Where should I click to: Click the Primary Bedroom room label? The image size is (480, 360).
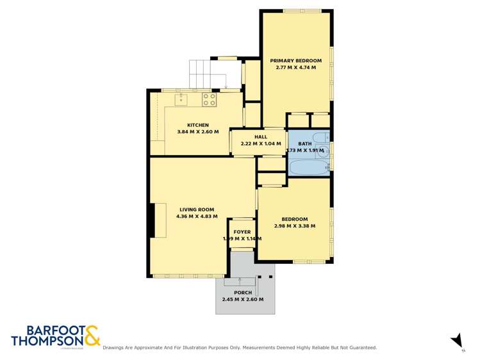tap(295, 60)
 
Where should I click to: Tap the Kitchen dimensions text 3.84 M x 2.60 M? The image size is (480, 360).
tap(198, 132)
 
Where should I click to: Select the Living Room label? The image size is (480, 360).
tap(196, 209)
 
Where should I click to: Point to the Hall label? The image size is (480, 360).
tap(260, 137)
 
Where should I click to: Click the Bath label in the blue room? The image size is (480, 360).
tap(304, 144)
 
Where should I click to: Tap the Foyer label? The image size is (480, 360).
tap(242, 232)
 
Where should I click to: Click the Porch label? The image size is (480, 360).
tap(242, 293)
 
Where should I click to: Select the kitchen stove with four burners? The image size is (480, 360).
tap(209, 99)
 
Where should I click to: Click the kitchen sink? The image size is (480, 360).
tap(181, 99)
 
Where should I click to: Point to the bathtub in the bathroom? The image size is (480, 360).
tap(308, 168)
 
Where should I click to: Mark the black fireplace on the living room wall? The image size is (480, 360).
tap(151, 221)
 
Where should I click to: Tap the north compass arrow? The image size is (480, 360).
tap(456, 340)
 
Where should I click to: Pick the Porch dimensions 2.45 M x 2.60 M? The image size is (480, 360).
tap(242, 299)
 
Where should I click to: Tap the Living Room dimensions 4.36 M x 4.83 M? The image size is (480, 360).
tap(196, 217)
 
